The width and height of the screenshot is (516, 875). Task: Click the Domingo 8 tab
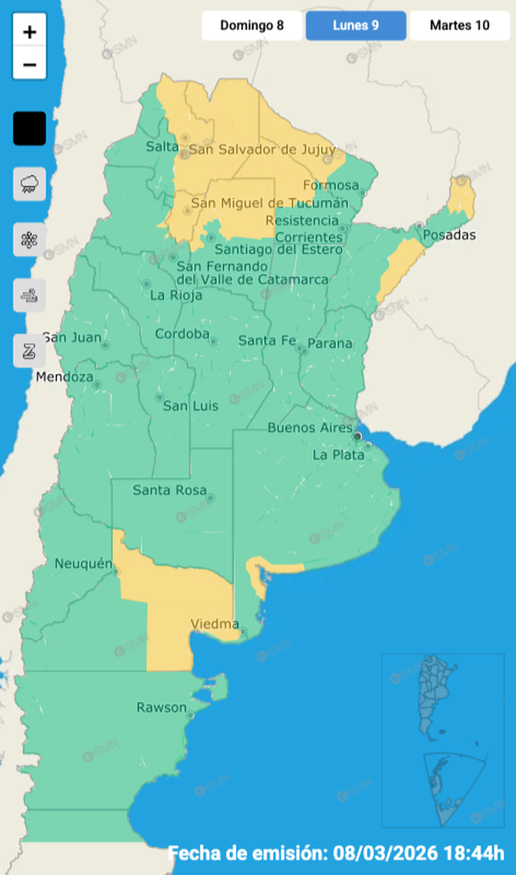coord(252,25)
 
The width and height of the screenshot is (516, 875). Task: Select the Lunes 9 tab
coord(355,25)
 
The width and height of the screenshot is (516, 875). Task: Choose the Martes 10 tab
coord(459,25)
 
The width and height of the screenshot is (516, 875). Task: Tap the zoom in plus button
coord(30,33)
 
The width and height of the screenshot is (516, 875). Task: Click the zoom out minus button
coord(30,64)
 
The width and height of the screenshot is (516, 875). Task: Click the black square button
coord(30,129)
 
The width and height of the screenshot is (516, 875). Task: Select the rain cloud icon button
coord(30,184)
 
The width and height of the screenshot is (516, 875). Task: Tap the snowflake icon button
coord(30,239)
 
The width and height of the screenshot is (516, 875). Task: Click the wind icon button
coord(30,295)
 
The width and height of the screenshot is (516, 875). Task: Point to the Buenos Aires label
coord(310,427)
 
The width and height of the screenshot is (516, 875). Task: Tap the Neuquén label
coord(83,564)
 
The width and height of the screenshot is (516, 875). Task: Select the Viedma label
coord(215,625)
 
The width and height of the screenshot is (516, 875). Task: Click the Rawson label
coord(161,707)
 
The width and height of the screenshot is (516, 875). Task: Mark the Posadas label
coord(449,235)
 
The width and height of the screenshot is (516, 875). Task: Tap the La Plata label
coord(338,454)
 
